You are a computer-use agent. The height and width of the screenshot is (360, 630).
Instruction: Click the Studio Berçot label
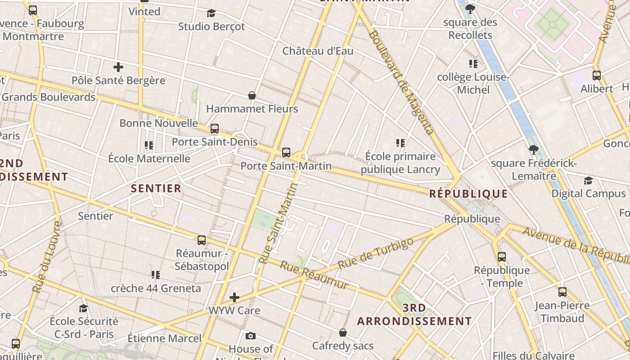[211, 27]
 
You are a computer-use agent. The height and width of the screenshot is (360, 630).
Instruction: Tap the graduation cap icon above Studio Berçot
[211, 13]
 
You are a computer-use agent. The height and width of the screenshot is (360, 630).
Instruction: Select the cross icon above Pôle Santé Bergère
[118, 67]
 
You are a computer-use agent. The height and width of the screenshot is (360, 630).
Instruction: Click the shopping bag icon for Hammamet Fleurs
[252, 95]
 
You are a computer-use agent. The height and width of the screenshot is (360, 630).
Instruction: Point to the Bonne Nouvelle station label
[158, 123]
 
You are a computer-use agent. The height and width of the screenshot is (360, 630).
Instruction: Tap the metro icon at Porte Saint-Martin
[286, 153]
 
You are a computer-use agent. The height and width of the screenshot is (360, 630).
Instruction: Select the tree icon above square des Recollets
[470, 9]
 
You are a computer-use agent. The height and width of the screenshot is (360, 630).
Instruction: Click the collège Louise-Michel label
[473, 83]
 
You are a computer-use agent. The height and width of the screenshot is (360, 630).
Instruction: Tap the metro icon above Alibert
[597, 76]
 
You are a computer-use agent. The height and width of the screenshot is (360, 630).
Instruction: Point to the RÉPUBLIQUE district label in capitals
[468, 194]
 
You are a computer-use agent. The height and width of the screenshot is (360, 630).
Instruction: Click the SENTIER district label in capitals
[156, 188]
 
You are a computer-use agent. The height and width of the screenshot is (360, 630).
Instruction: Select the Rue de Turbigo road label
[376, 254]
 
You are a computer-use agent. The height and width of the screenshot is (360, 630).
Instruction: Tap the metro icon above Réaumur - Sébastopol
[202, 240]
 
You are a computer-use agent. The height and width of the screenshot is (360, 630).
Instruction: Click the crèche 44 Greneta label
[156, 288]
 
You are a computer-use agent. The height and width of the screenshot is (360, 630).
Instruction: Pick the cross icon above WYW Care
[234, 297]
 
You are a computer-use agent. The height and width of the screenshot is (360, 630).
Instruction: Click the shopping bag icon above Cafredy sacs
[343, 333]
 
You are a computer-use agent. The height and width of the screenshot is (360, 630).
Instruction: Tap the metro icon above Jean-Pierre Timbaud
[562, 292]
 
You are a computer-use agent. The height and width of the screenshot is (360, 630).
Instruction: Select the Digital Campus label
[589, 193]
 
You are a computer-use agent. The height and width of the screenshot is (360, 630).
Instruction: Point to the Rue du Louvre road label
[46, 256]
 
